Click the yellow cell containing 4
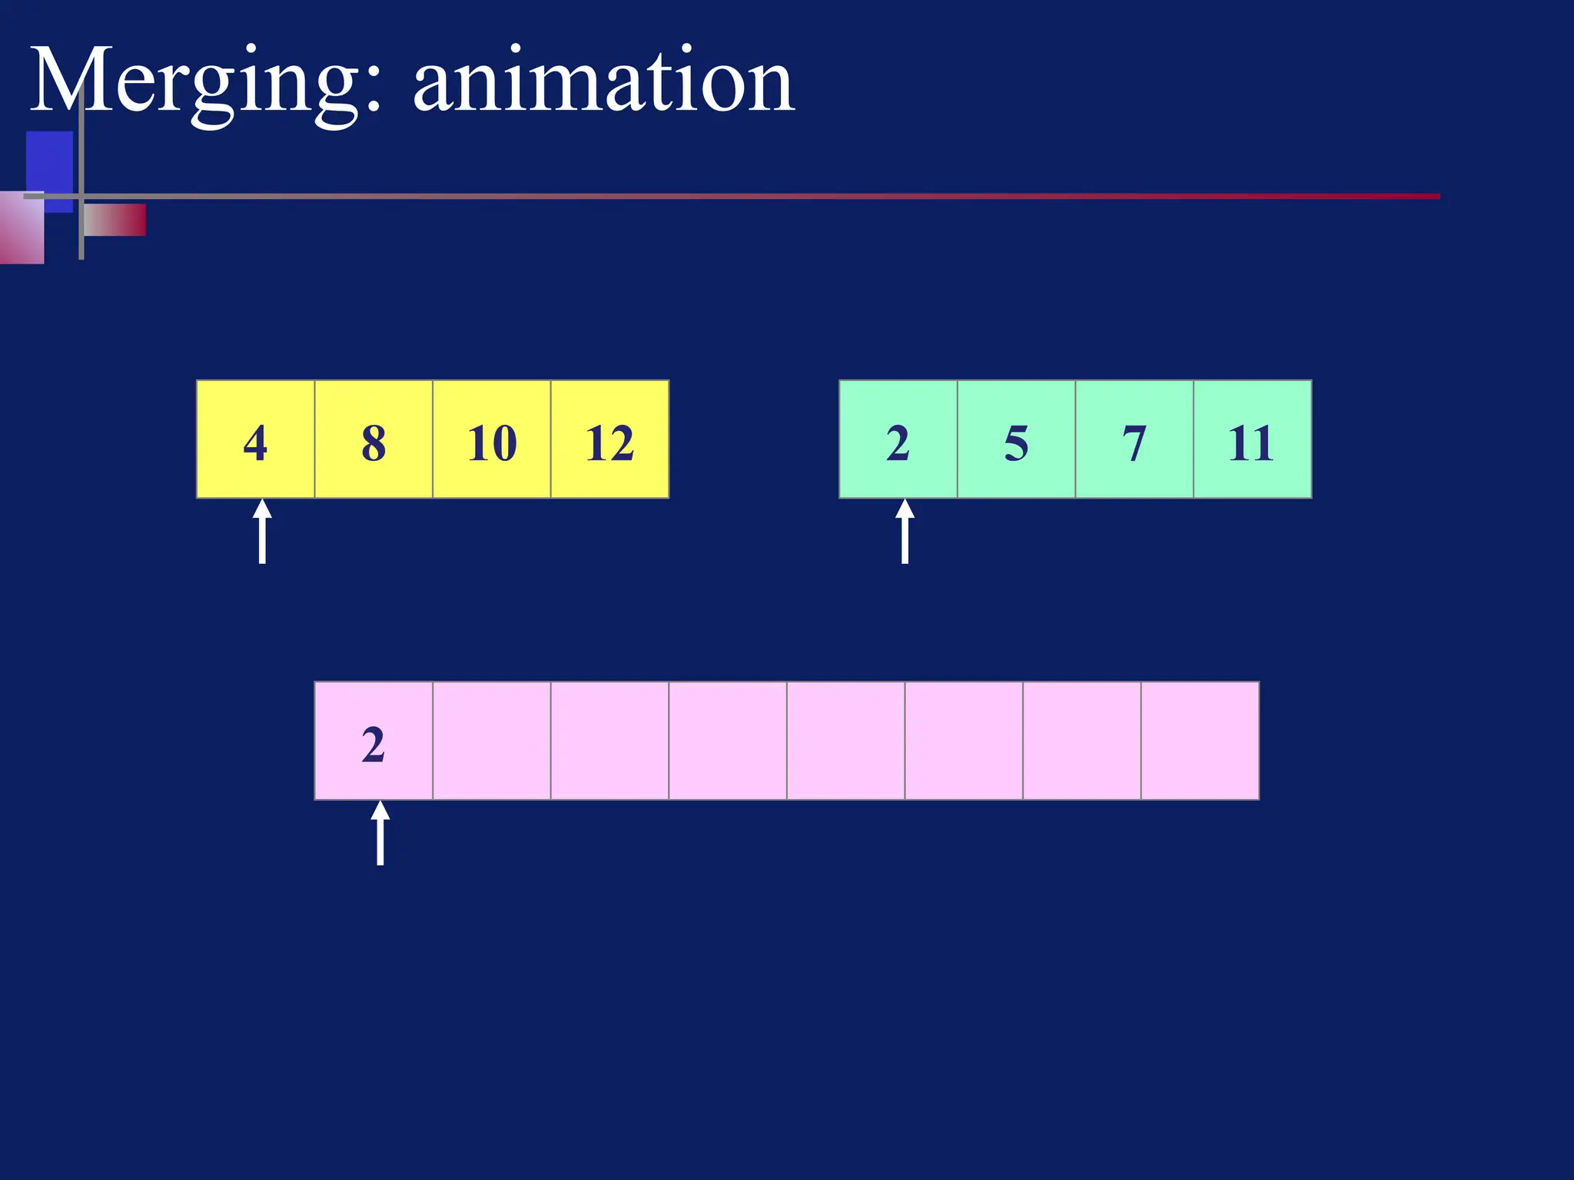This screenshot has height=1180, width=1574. pyautogui.click(x=256, y=439)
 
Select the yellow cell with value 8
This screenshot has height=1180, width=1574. pyautogui.click(x=374, y=439)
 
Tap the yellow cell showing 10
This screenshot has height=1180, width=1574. pyautogui.click(x=492, y=439)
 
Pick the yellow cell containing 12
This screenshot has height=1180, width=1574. pyautogui.click(x=609, y=439)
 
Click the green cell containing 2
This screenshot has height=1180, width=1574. pyautogui.click(x=898, y=439)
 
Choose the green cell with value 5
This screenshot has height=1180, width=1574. pyautogui.click(x=1016, y=439)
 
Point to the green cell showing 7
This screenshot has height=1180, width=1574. pyautogui.click(x=1134, y=439)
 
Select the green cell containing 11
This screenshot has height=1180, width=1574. pyautogui.click(x=1252, y=439)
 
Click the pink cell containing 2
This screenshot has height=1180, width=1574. pyautogui.click(x=374, y=741)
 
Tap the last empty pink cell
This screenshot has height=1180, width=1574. pyautogui.click(x=1200, y=741)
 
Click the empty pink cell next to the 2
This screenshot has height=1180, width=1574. pyautogui.click(x=492, y=741)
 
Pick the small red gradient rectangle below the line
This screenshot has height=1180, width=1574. pyautogui.click(x=115, y=220)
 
